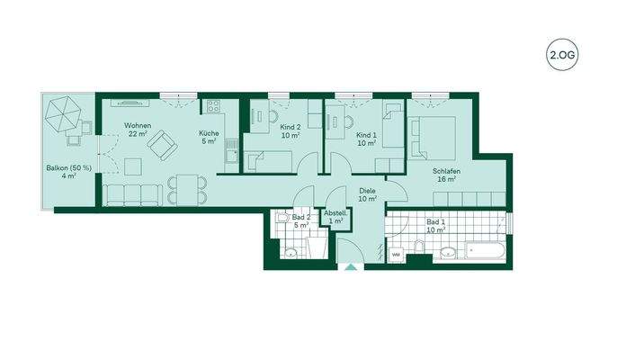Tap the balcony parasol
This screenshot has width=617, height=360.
(x=64, y=114)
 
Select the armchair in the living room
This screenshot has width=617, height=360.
(x=163, y=143)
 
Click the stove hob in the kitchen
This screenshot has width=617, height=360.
(x=215, y=107)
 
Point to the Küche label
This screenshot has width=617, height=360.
(x=209, y=135)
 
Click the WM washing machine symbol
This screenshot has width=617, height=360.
(x=395, y=255)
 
